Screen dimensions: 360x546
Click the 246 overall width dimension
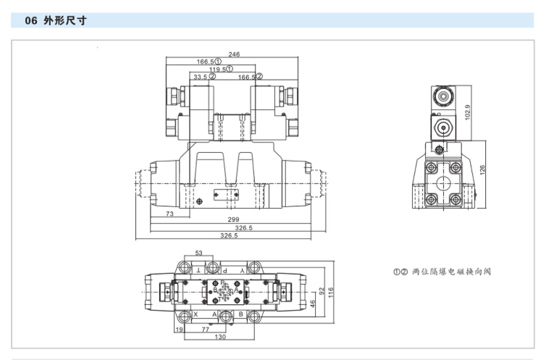click(233, 54)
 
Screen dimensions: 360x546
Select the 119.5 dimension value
click(218, 69)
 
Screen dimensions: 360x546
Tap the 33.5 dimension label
click(200, 76)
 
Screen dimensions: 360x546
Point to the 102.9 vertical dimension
click(468, 112)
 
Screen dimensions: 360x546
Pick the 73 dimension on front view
click(169, 214)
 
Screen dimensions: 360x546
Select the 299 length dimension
click(233, 219)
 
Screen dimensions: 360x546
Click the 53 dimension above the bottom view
click(198, 254)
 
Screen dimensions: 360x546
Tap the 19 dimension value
click(178, 329)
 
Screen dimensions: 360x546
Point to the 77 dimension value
click(205, 329)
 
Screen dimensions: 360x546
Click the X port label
click(196, 314)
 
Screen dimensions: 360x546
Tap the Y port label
click(253, 269)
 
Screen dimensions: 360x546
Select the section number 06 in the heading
click(30, 21)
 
